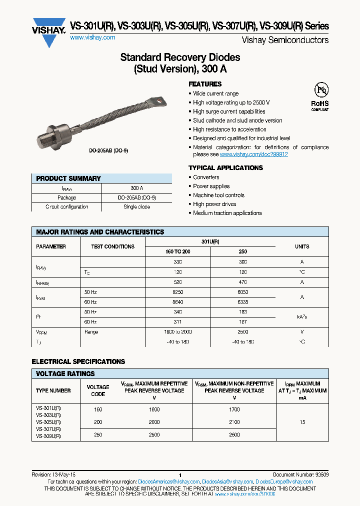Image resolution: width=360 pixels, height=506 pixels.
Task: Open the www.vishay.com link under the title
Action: pos(92,37)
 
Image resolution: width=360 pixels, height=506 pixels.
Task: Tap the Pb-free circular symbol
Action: pos(320,90)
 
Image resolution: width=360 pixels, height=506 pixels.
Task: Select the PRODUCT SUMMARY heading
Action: pos(68,178)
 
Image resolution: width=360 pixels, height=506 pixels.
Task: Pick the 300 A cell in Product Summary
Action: pos(136,188)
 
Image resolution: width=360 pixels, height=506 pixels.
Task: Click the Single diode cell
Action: pos(136,206)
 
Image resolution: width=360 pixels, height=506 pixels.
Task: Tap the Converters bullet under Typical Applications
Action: pos(206,177)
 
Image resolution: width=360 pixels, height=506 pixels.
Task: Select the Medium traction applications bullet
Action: pos(227,213)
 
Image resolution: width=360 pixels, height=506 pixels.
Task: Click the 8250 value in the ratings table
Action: pos(177,292)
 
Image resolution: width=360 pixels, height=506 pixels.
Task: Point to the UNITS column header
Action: pos(302,246)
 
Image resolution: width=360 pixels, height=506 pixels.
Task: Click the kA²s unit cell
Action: pos(302,317)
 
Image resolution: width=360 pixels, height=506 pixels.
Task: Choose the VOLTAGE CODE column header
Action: pos(98,390)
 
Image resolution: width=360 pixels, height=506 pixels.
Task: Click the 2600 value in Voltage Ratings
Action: pos(234,435)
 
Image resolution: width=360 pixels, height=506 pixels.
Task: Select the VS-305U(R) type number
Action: pos(48,422)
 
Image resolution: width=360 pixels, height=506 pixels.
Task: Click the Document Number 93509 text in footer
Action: pos(300,475)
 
